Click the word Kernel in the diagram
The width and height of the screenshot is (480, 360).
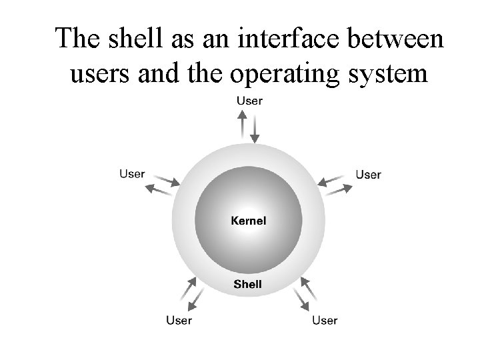click(248, 221)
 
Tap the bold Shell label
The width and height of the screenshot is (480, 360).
click(247, 284)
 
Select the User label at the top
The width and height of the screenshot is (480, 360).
click(249, 101)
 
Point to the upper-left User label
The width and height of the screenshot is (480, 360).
click(132, 173)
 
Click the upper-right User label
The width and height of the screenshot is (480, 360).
click(368, 174)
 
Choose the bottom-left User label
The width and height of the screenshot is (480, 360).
click(179, 320)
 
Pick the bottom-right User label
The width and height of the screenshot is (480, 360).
click(325, 320)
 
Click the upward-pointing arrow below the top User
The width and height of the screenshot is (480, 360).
click(243, 123)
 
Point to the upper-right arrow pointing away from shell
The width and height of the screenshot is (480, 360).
click(339, 190)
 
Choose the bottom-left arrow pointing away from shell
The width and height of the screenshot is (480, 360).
click(196, 299)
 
